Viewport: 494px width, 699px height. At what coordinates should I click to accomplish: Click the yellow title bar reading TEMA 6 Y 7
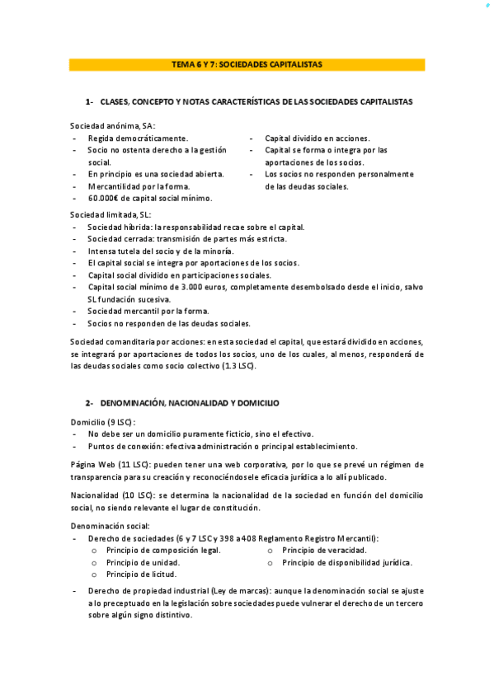247,63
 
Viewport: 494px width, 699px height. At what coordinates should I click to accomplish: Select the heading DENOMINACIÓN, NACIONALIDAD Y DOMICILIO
190,403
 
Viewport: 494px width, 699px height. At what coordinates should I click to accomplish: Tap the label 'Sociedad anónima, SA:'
112,125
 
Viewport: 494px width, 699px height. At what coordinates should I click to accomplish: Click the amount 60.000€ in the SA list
106,198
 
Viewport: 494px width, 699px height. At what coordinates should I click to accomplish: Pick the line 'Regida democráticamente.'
138,138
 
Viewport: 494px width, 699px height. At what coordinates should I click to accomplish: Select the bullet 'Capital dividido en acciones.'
317,138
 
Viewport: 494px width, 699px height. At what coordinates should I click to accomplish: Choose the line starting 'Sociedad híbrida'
195,227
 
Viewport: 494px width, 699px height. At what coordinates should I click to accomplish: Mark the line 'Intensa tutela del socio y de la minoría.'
160,251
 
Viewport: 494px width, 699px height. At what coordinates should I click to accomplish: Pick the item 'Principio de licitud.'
141,574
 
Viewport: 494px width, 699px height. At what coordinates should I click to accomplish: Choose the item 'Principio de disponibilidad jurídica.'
346,562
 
